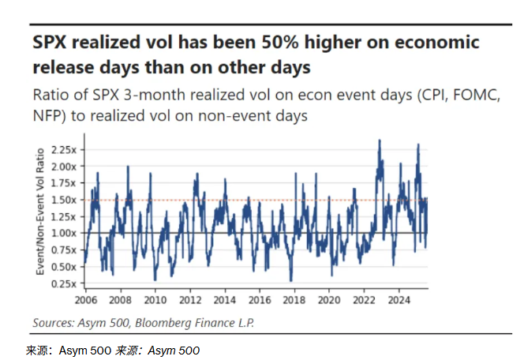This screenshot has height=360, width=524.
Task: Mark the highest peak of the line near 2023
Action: (x=380, y=141)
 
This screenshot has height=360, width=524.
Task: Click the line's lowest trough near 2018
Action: (x=291, y=280)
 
